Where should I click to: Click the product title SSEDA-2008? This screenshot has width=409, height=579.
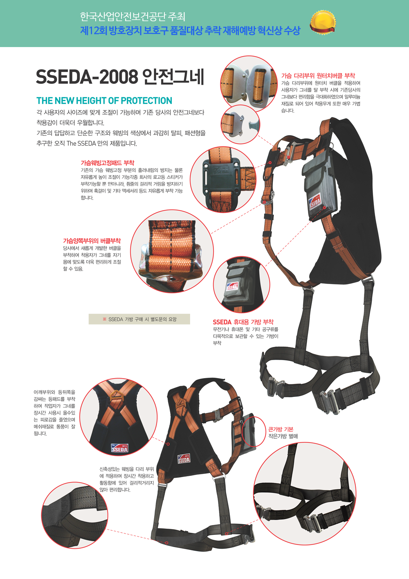[x=87, y=77]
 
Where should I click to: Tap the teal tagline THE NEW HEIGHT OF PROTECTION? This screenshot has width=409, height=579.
[x=104, y=100]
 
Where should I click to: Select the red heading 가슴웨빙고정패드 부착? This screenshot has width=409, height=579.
[x=108, y=163]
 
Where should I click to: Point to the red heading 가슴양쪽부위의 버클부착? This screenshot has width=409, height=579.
[x=92, y=241]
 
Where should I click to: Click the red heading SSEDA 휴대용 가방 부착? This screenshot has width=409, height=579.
[x=243, y=322]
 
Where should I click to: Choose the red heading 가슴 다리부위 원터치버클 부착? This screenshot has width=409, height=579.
[x=318, y=76]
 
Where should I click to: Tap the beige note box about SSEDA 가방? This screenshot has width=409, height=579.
[x=139, y=319]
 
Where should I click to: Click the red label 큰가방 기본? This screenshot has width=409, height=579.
[x=281, y=429]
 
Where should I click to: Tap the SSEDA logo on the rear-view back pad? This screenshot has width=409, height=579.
[x=184, y=459]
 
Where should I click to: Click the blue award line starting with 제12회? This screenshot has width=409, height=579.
[x=190, y=31]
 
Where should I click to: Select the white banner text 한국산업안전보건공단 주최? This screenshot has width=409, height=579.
[x=133, y=17]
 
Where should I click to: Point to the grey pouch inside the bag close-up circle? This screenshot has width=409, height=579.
[x=234, y=284]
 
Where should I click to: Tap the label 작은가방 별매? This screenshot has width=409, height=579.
[x=283, y=437]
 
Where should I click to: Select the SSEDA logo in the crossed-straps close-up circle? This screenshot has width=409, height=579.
[x=119, y=448]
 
